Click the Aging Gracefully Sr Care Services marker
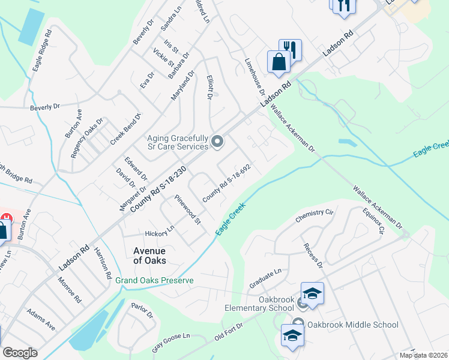tap(217, 142)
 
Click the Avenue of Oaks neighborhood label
tap(149, 256)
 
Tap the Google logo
tap(20, 352)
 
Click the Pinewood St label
tap(187, 209)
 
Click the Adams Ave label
tap(41, 320)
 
